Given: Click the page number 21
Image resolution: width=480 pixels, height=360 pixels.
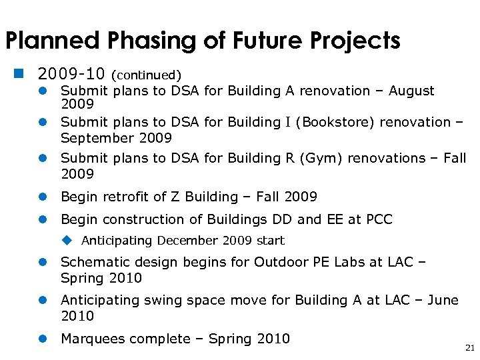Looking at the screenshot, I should [469, 348].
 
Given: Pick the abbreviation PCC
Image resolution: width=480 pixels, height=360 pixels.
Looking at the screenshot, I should [378, 219].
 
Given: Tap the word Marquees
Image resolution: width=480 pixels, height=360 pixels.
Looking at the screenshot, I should [92, 339].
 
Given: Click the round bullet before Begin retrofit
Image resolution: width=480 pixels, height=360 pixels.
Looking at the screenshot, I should [41, 197].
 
